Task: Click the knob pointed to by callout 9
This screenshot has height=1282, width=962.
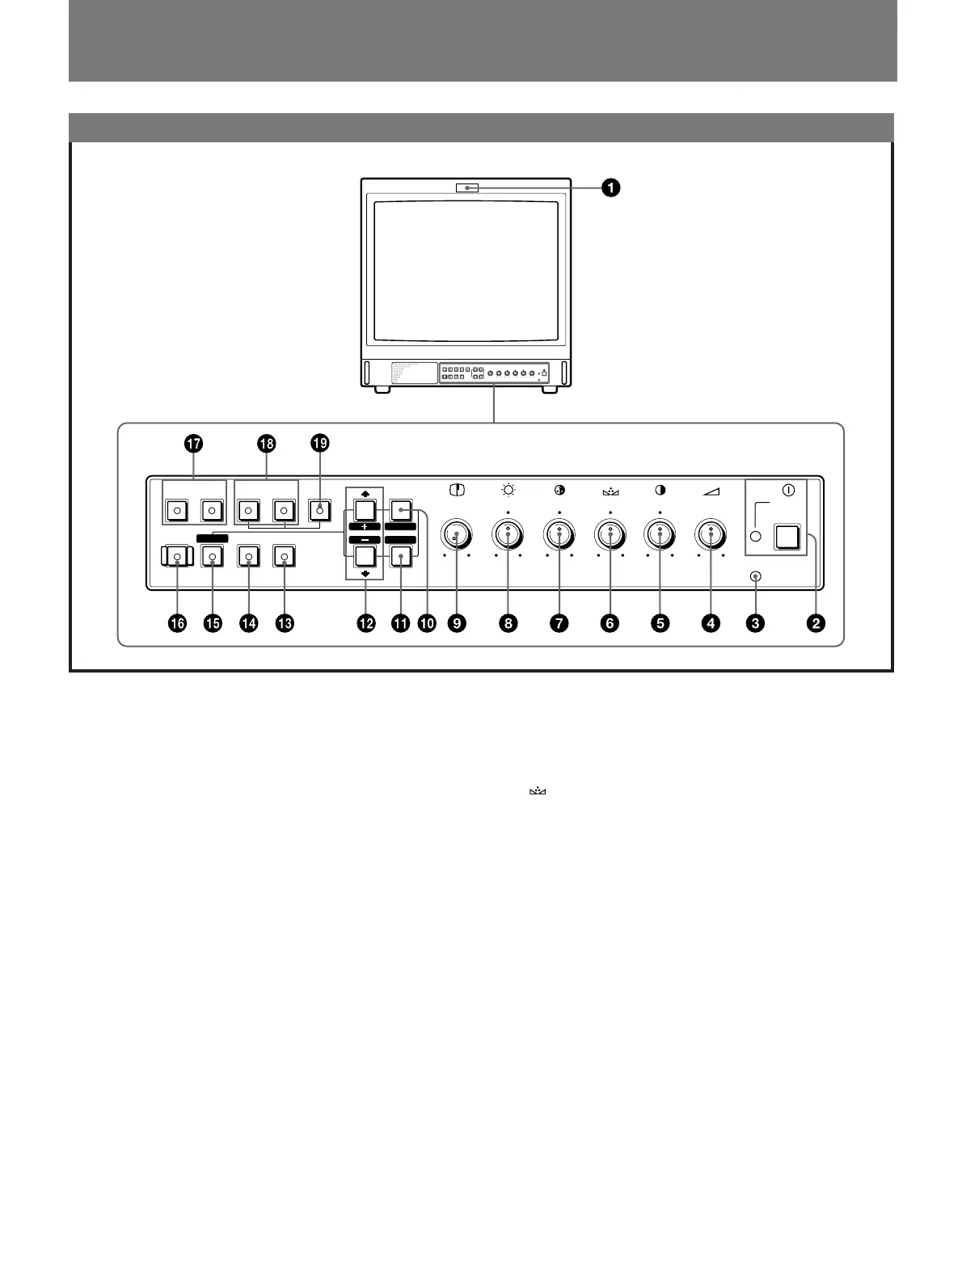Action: [x=457, y=535]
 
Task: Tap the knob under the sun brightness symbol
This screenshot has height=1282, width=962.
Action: [x=508, y=535]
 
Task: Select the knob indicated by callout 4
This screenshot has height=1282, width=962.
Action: [x=711, y=535]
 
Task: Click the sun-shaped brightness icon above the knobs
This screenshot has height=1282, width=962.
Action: [x=508, y=490]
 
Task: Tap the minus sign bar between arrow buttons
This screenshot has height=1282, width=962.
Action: [x=365, y=539]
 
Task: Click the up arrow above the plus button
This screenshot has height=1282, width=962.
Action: [x=365, y=491]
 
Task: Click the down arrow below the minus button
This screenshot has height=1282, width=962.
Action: [x=365, y=574]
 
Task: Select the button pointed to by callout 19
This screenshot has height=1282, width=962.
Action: [x=320, y=510]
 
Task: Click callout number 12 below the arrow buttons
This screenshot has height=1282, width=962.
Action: [x=366, y=623]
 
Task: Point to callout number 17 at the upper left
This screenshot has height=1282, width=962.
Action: [x=193, y=443]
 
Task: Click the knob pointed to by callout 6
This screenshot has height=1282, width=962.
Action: [x=610, y=535]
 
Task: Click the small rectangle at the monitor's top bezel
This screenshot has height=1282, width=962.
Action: [x=467, y=188]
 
